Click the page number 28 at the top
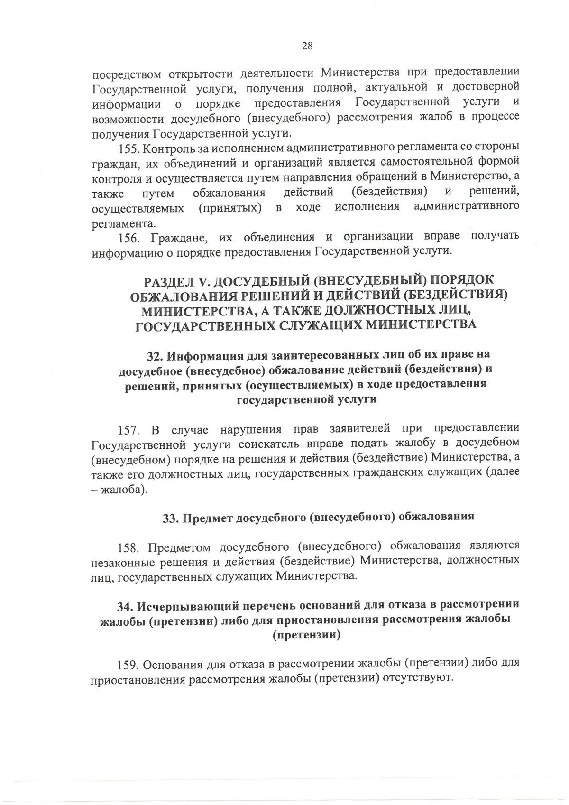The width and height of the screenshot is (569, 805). (x=307, y=46)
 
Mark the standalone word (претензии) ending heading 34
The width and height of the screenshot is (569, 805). (x=307, y=635)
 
